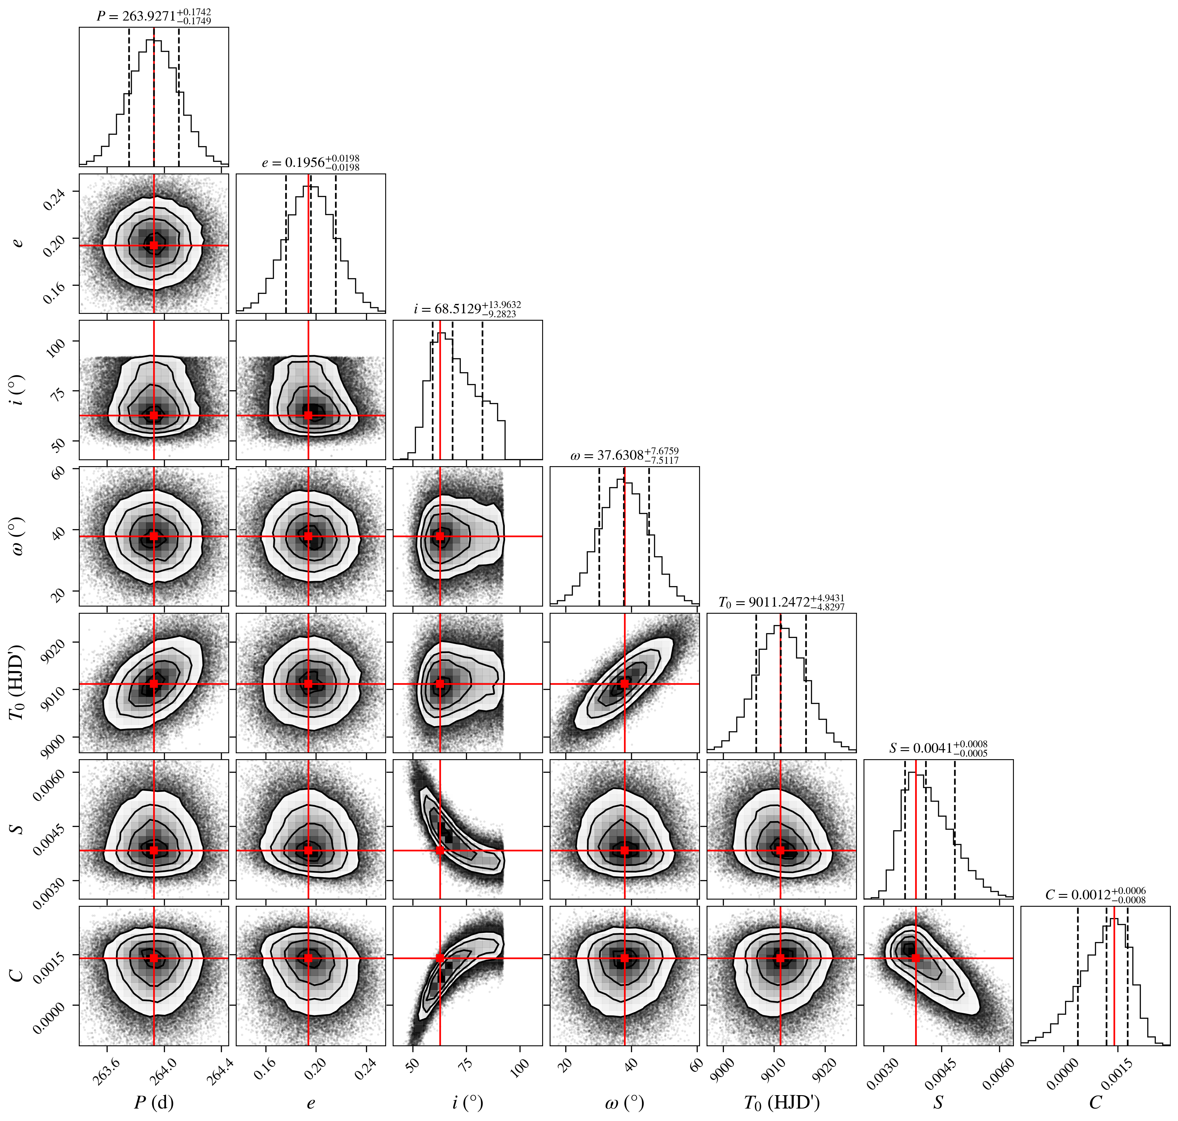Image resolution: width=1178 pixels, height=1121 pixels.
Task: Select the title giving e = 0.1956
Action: point(311,163)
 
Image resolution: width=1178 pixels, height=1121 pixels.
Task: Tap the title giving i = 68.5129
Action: point(467,309)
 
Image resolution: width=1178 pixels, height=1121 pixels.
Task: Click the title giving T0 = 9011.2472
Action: point(781,602)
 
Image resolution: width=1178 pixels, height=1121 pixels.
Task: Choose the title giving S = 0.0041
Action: point(938,748)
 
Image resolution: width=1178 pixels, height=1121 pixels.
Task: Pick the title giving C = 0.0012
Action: point(1095,895)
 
